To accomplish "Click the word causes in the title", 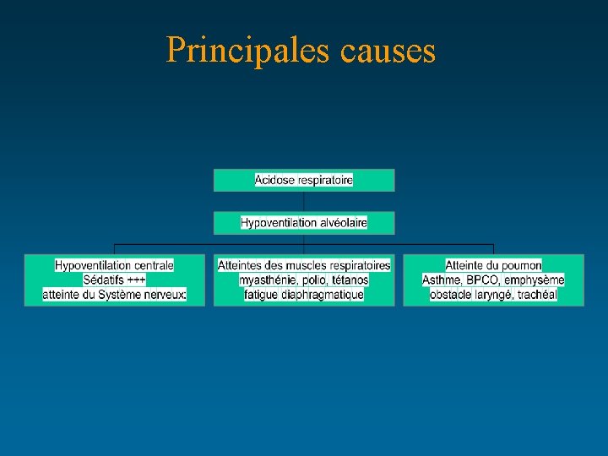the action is [x=388, y=51].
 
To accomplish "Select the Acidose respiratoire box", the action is [x=304, y=180].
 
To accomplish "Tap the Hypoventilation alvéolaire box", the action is [x=304, y=223].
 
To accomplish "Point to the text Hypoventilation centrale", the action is [x=114, y=265].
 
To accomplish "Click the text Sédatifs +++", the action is [x=114, y=280].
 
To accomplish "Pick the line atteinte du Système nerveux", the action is [x=114, y=294].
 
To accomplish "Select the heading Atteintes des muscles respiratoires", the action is [x=304, y=265].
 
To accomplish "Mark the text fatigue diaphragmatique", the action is [x=304, y=294].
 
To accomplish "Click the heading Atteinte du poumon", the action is [x=493, y=265].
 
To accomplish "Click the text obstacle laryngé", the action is [x=468, y=294].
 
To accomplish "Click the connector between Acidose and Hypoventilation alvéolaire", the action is [x=304, y=201].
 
